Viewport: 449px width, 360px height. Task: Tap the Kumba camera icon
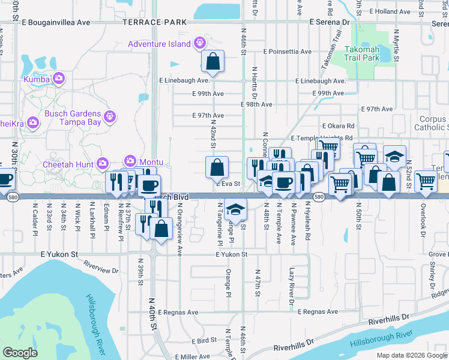(58, 78)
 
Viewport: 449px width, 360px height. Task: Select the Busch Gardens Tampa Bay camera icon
(109, 115)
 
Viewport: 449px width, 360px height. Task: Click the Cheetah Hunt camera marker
(102, 163)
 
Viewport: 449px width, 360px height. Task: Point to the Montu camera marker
(130, 161)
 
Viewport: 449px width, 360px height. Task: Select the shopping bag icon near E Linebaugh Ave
(212, 61)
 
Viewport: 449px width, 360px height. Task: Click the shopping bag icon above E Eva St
(217, 167)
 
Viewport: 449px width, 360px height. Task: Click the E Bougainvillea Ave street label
(55, 22)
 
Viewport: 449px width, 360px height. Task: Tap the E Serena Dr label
(330, 22)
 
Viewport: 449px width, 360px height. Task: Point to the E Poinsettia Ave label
(287, 52)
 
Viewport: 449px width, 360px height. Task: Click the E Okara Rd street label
(338, 127)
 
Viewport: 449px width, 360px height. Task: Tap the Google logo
(20, 353)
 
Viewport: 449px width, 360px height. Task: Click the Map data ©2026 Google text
(411, 355)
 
